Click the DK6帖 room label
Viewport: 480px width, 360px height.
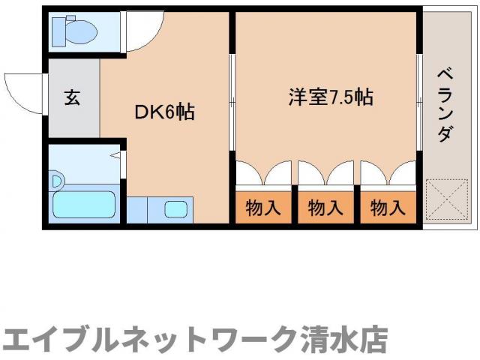(164, 113)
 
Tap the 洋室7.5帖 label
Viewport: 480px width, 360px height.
(331, 98)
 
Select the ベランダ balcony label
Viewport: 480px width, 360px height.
(445, 105)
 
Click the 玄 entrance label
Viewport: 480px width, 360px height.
(72, 98)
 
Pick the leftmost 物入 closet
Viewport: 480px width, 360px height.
(263, 208)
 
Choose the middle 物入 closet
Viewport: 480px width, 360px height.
(325, 208)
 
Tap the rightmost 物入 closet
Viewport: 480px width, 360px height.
(388, 208)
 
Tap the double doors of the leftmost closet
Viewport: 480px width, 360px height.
(263, 174)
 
